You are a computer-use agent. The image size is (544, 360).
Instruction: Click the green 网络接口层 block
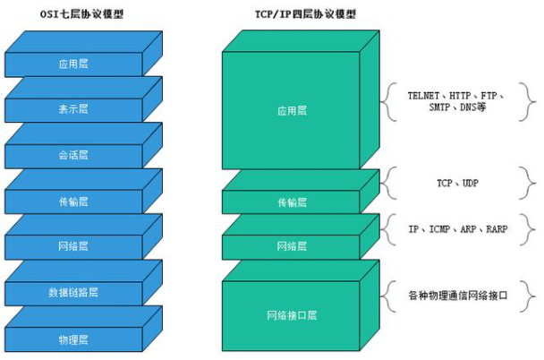[292, 315]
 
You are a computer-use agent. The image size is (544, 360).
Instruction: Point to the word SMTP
[439, 107]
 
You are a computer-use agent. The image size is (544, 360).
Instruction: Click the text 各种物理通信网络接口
[458, 294]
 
